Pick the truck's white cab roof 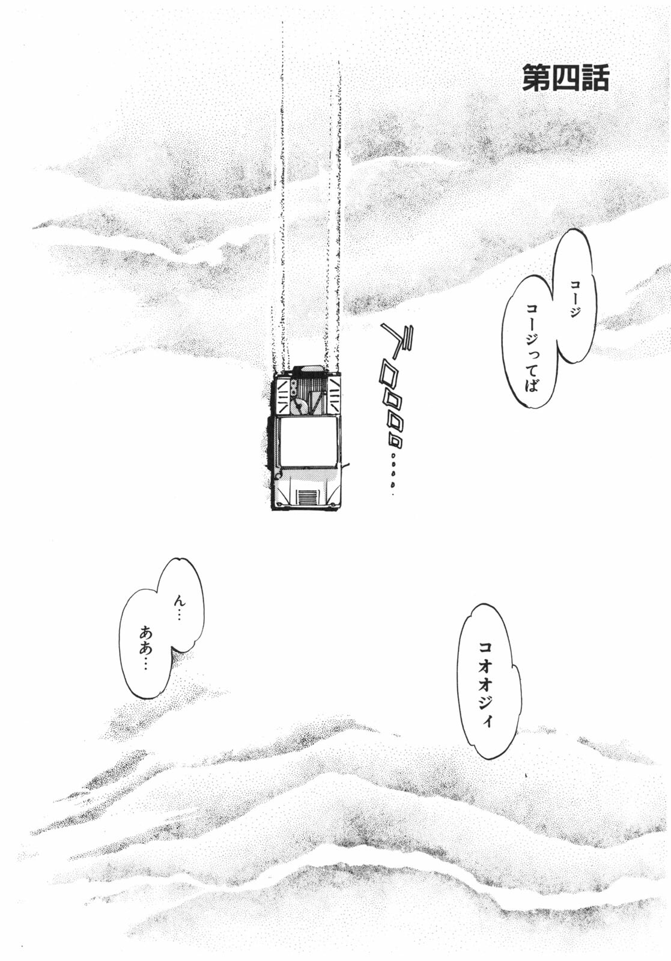click(307, 442)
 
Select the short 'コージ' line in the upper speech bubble click(575, 300)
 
